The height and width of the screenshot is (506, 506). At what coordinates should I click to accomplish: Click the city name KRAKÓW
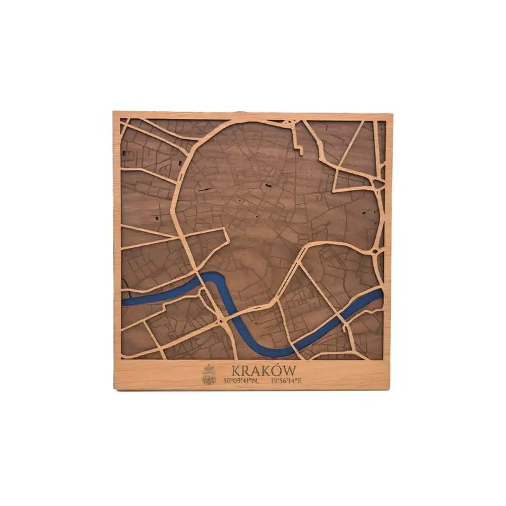[257, 370]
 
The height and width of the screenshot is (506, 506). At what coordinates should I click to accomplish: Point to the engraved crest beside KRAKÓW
[209, 375]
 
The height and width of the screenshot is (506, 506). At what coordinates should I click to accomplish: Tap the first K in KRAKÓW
[235, 370]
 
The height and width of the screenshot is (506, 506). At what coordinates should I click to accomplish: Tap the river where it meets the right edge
[381, 293]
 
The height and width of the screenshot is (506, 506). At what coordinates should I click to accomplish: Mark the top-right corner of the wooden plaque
[392, 113]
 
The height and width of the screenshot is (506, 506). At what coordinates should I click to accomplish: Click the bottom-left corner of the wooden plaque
[114, 389]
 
